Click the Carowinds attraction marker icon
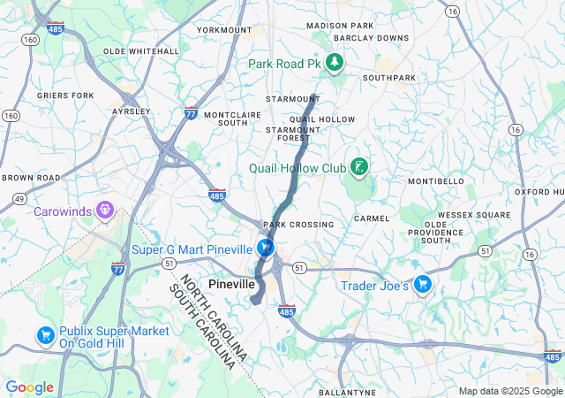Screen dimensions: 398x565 [x=105, y=210]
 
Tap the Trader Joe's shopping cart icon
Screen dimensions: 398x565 [x=423, y=285]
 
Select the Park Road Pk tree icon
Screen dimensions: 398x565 [x=335, y=63]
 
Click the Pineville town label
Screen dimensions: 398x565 [x=231, y=285]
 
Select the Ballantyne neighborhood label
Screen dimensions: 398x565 [x=347, y=392]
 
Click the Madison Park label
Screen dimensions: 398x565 [x=340, y=26]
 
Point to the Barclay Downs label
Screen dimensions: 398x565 [x=372, y=38]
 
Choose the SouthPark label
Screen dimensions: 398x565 [x=388, y=78]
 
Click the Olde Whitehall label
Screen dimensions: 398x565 [x=141, y=51]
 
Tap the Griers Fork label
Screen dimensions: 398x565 [x=65, y=95]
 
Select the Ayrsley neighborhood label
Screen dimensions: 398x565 [x=132, y=111]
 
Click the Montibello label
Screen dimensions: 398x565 [x=435, y=180]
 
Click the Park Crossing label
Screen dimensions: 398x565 [x=298, y=225]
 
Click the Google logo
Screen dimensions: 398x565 [x=29, y=387]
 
